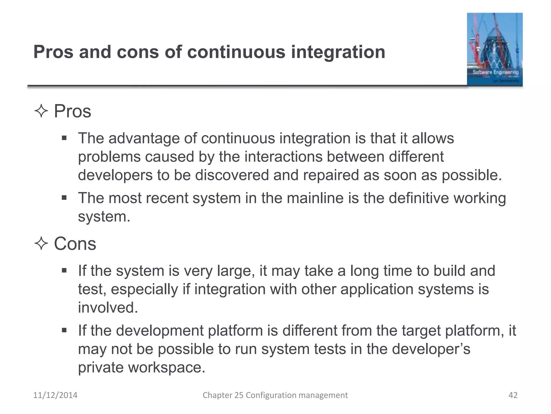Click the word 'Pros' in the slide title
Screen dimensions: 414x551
[53, 52]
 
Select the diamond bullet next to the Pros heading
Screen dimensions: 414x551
[41, 111]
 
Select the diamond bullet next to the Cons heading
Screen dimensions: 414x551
[41, 244]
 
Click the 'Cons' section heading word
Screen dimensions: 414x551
[75, 244]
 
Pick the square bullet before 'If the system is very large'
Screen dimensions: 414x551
[64, 270]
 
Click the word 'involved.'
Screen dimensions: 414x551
[108, 308]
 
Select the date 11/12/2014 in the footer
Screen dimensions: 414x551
[55, 395]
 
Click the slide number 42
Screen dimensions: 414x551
[513, 395]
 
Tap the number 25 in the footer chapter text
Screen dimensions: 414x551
[239, 395]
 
